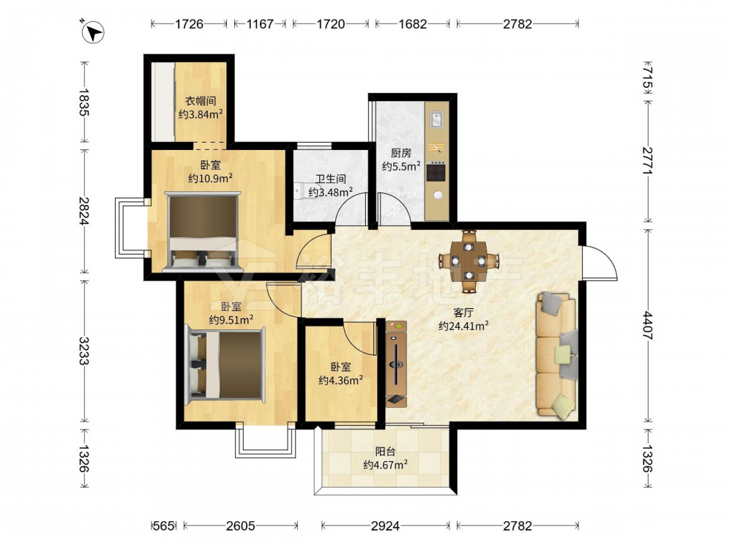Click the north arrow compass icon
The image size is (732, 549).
click(x=93, y=32)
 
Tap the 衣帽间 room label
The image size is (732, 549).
click(x=201, y=101)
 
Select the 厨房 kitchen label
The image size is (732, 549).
click(x=401, y=153)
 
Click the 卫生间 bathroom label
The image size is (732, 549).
click(x=331, y=179)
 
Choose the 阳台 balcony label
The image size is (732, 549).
click(x=386, y=452)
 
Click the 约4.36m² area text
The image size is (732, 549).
click(x=341, y=381)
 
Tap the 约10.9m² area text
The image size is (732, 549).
click(x=211, y=179)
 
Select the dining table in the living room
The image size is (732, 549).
click(x=468, y=261)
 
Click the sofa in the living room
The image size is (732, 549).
click(x=556, y=354)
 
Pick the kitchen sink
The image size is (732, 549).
click(x=437, y=119)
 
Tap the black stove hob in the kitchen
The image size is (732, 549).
click(x=436, y=171)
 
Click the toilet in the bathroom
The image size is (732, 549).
click(x=299, y=191)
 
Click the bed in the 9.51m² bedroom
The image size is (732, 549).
click(x=226, y=365)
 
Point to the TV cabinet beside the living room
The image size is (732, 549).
click(x=396, y=363)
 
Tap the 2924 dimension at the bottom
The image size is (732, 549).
click(x=385, y=526)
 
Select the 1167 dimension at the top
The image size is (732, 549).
click(x=260, y=24)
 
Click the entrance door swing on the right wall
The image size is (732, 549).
click(x=601, y=263)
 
